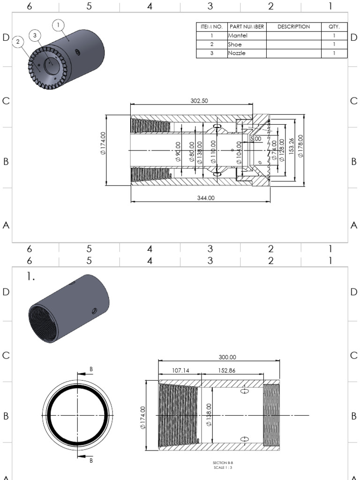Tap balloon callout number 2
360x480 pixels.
coord(18,42)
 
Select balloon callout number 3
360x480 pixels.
coord(35,35)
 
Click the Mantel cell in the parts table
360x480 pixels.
coord(237,35)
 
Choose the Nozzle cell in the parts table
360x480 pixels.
coord(237,53)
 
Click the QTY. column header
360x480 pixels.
coord(334,27)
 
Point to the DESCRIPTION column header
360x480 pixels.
coord(293,27)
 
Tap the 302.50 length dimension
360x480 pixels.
coord(199,101)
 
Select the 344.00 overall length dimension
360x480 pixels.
coord(205,198)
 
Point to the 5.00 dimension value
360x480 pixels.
coord(256,139)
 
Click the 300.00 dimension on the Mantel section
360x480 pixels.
coord(227,357)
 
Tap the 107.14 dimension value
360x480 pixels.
coord(180,370)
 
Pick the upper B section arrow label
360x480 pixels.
coord(91,369)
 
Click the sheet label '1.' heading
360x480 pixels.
coord(31,277)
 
